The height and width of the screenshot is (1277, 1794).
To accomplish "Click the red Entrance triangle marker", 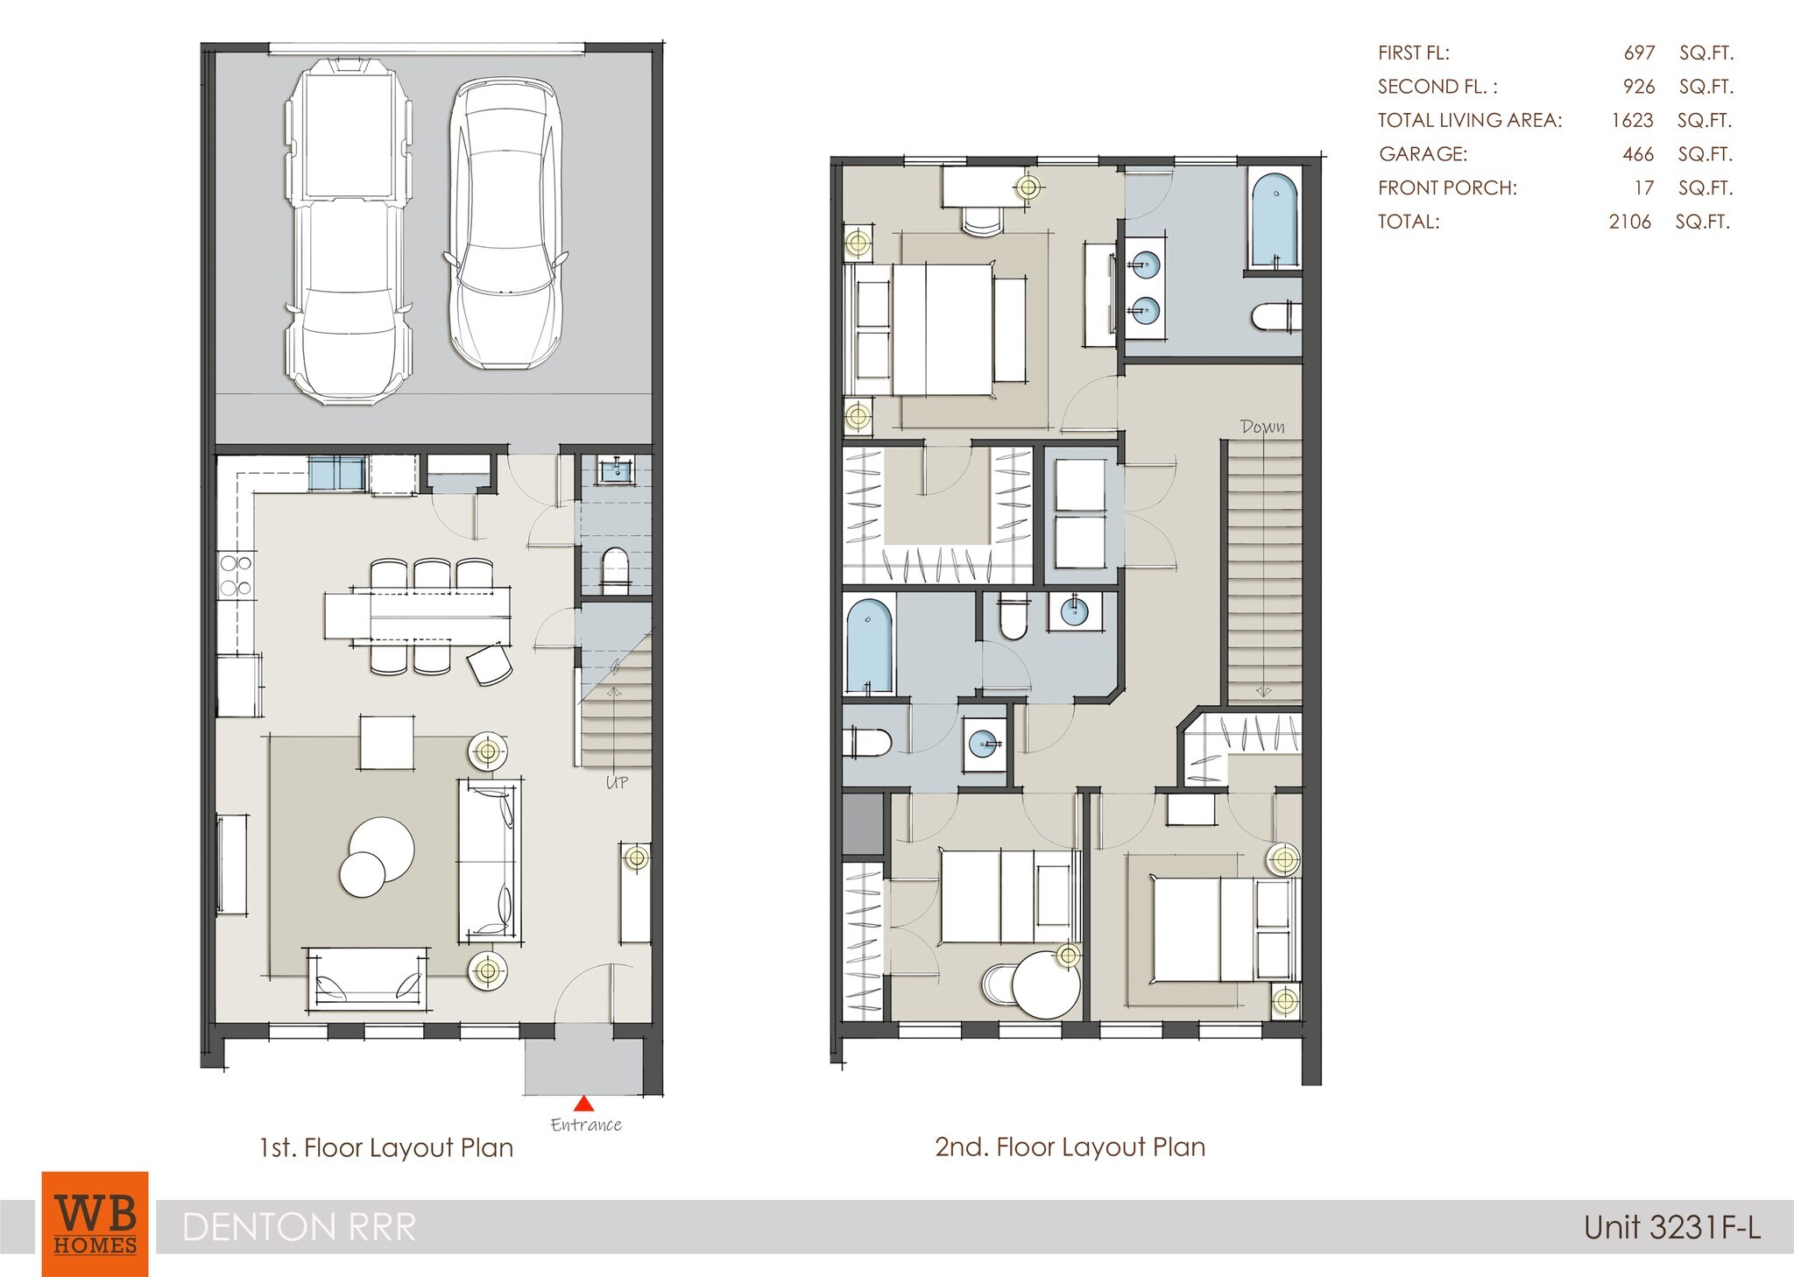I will point(583,1104).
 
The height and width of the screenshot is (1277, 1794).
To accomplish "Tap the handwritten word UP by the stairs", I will point(617,782).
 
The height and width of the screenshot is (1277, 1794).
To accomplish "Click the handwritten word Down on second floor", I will point(1262,427).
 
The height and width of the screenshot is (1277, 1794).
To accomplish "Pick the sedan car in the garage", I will point(505,224).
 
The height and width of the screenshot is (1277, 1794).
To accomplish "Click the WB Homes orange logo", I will point(95,1224).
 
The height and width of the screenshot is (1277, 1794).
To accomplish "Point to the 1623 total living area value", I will point(1632,120).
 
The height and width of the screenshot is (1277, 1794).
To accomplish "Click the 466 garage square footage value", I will point(1637,154).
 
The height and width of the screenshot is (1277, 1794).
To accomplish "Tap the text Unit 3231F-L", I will point(1671,1227).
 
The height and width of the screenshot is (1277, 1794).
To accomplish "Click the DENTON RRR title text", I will point(299,1227).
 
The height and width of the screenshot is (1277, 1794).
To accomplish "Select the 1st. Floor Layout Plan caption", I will point(386,1147).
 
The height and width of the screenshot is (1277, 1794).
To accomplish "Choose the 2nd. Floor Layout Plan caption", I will point(1070,1146).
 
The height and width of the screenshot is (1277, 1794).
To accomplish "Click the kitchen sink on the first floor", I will point(336,474).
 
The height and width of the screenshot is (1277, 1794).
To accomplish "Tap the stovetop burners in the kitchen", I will point(236,575).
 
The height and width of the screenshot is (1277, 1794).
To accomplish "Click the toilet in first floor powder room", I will point(616,570).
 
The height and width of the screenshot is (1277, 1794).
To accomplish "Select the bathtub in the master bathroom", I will point(1274,220).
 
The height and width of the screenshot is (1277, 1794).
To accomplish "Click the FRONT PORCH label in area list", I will point(1446,187).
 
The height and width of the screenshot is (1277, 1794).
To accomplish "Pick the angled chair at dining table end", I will point(490,664).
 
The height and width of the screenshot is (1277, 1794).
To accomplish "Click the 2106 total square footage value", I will point(1629,222).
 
